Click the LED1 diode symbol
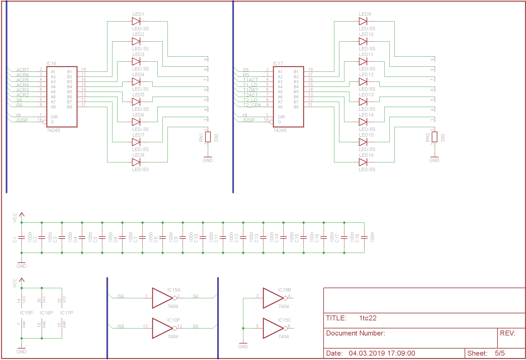click(136, 21)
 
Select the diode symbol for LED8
click(136, 162)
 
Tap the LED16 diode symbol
click(363, 162)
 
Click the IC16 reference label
click(51, 63)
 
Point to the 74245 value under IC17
click(280, 130)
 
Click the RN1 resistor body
click(208, 137)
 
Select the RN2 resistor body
click(435, 137)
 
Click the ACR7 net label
click(22, 70)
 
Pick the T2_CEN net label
click(252, 105)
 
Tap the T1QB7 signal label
click(250, 90)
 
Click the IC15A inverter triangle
click(162, 298)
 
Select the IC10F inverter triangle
click(162, 328)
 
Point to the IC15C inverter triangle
click(273, 328)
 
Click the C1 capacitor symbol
click(21, 237)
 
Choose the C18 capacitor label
click(357, 238)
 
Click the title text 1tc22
click(368, 318)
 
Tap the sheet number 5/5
click(499, 353)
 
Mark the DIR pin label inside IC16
click(54, 117)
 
